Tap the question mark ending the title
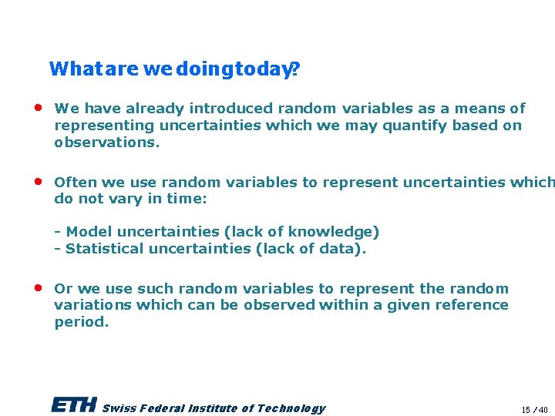point(296,69)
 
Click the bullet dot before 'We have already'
point(38,108)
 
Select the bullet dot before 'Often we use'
point(38,182)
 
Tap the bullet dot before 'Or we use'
point(38,288)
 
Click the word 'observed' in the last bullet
point(280,305)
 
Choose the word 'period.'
point(81,322)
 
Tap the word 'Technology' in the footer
point(291,408)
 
